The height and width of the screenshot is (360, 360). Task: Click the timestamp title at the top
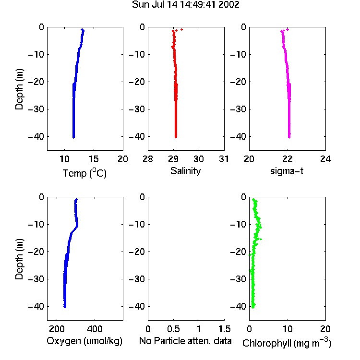(x=185, y=5)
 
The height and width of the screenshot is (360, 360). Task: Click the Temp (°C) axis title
(x=84, y=173)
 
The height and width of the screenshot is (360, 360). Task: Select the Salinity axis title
(x=185, y=171)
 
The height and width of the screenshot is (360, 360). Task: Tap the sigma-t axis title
(x=287, y=171)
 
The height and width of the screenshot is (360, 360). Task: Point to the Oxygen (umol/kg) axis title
(x=84, y=341)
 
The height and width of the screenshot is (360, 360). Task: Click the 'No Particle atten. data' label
(x=185, y=341)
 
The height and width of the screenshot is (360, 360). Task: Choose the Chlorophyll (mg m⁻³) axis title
(x=287, y=343)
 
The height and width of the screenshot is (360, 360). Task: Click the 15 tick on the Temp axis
(x=94, y=159)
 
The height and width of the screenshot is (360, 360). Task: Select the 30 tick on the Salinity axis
(x=199, y=159)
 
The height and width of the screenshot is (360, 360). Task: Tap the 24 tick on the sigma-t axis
(x=325, y=159)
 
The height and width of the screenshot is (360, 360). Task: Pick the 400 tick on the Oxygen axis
(x=95, y=329)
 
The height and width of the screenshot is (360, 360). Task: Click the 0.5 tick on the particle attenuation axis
(x=173, y=329)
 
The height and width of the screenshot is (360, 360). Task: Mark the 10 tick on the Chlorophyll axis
(x=287, y=329)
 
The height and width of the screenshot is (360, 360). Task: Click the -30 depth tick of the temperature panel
(x=36, y=109)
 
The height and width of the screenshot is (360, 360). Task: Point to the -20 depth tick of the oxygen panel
(x=36, y=252)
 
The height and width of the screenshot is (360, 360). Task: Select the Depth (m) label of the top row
(x=19, y=89)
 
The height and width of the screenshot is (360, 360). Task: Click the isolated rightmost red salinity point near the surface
(x=181, y=29)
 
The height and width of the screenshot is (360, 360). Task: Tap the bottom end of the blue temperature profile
(x=74, y=137)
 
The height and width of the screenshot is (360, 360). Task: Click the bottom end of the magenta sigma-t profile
(x=289, y=137)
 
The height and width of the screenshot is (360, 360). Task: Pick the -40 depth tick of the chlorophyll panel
(x=238, y=306)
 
